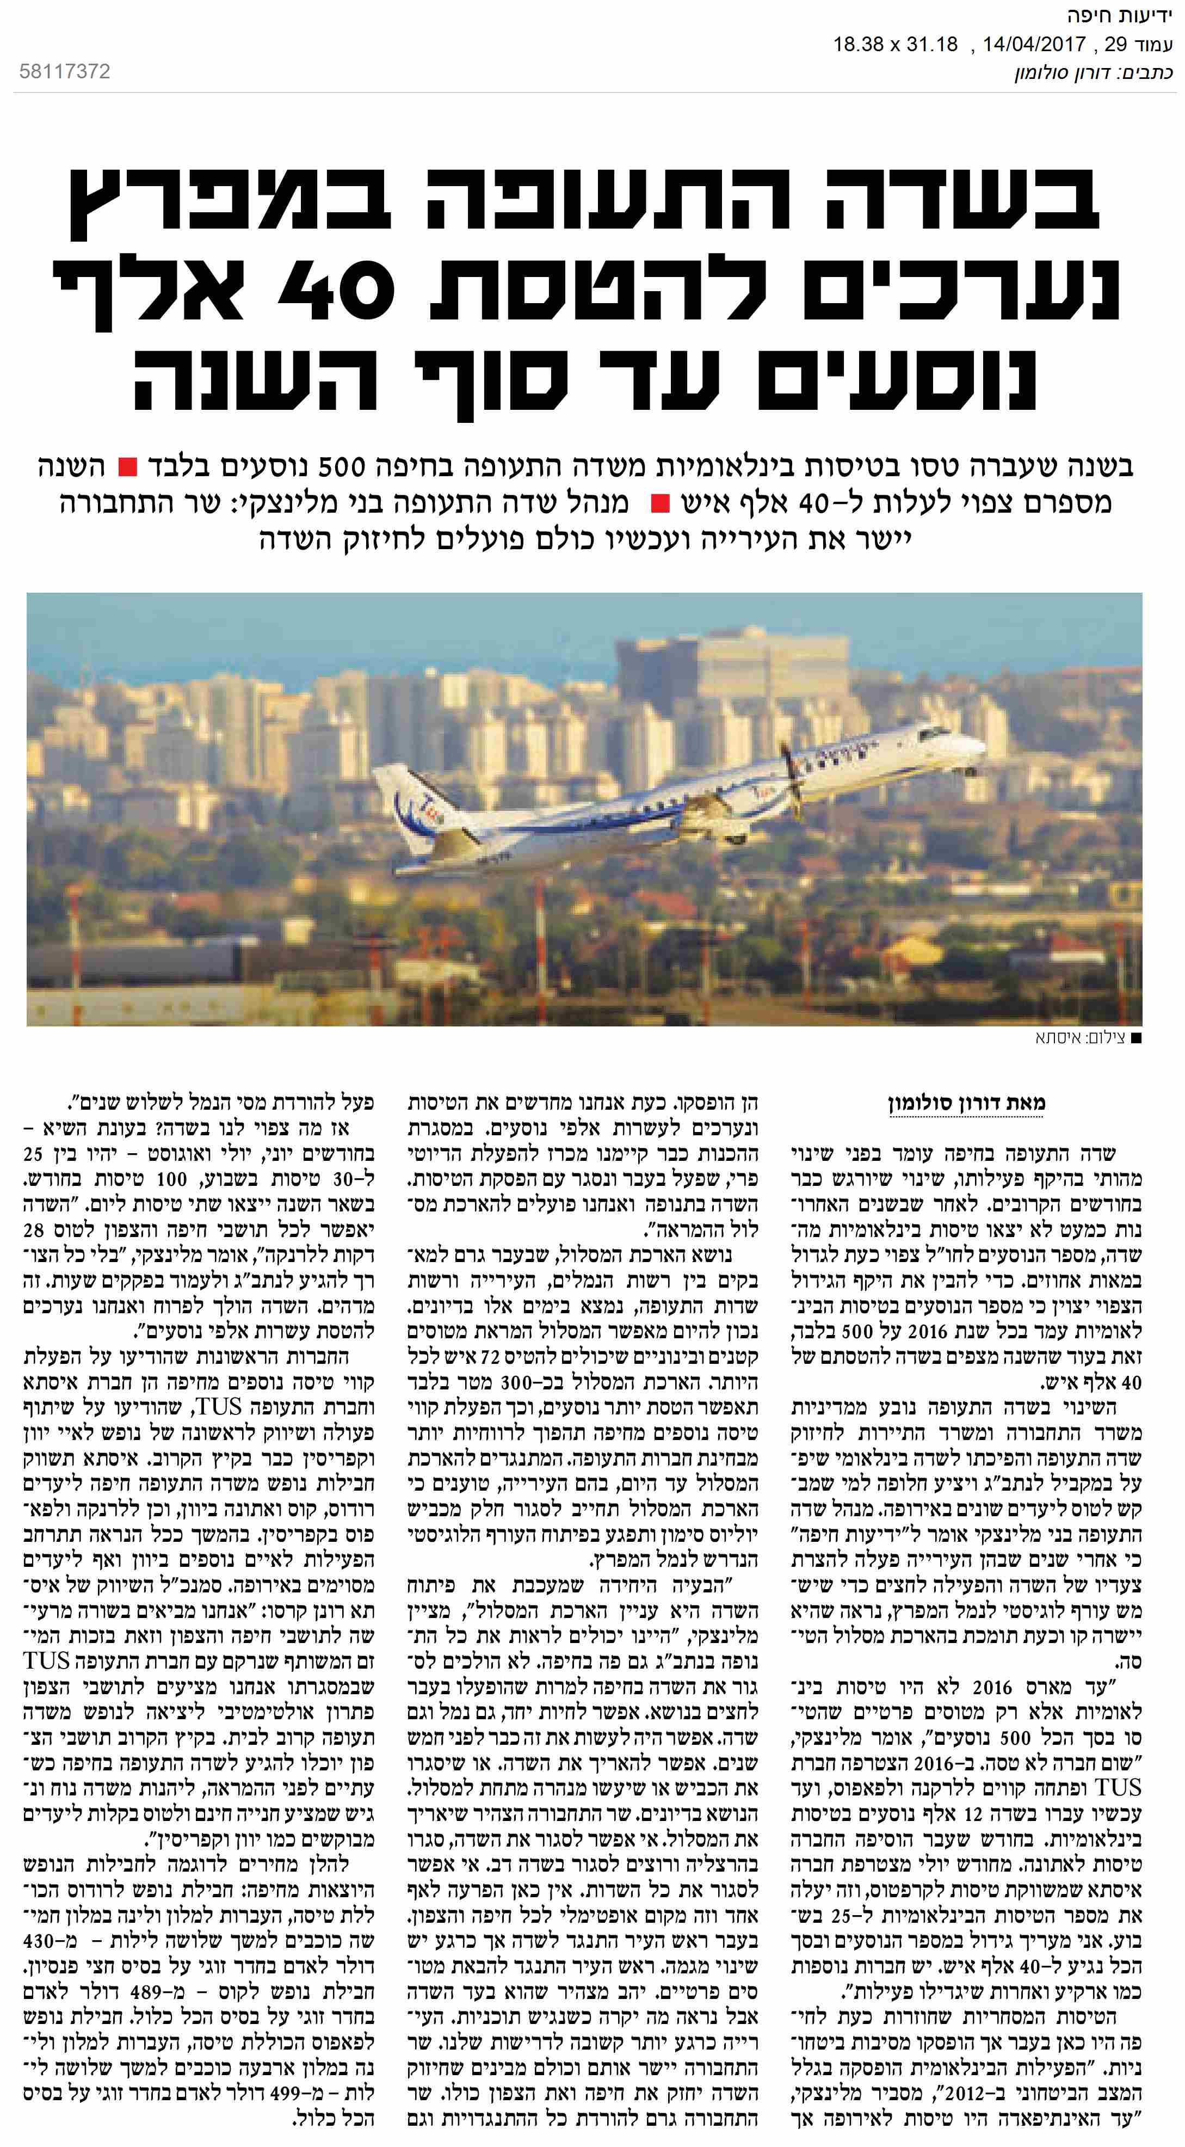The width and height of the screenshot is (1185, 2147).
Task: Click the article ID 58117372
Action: [x=64, y=72]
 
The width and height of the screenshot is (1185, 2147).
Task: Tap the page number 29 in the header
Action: [x=1115, y=44]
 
